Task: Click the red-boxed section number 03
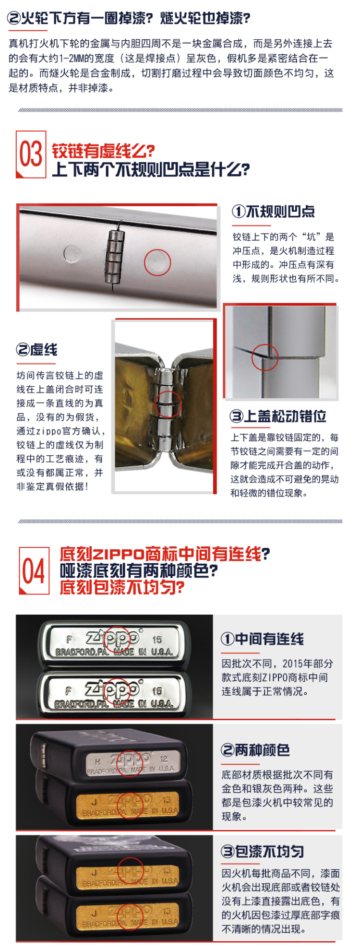tap(31, 154)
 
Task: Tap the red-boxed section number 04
tap(34, 571)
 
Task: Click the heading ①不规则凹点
tap(274, 212)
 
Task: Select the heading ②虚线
tap(37, 350)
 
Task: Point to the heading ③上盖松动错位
tap(278, 416)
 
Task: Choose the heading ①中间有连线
tap(263, 639)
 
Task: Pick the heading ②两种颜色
tap(255, 750)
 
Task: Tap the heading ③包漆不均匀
tap(263, 852)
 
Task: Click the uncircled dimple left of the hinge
tap(72, 254)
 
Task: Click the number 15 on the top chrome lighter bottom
tap(157, 640)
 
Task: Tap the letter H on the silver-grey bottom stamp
tap(98, 761)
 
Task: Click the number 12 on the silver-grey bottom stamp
tap(164, 759)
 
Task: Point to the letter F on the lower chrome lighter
tap(69, 691)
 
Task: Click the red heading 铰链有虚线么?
tap(103, 151)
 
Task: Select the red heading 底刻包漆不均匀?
tap(122, 587)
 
